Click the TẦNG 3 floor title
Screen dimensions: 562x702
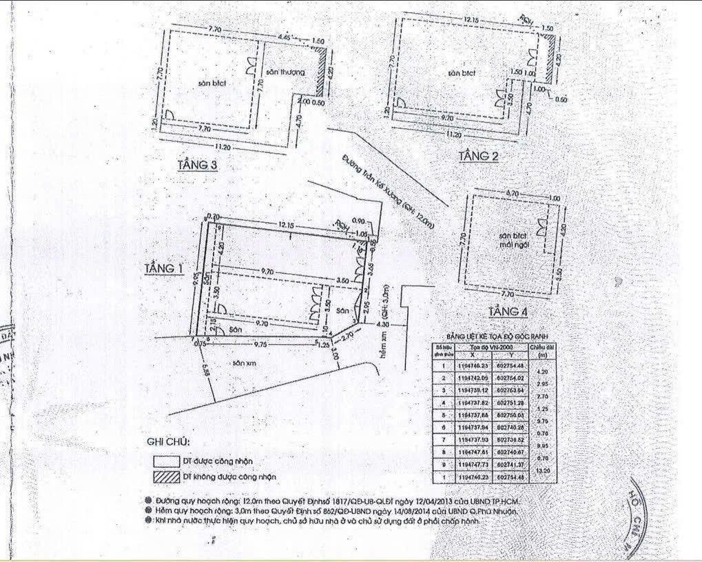tap(198, 165)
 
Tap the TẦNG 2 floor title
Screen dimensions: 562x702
tap(478, 157)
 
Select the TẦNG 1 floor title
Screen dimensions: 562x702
tap(163, 268)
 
